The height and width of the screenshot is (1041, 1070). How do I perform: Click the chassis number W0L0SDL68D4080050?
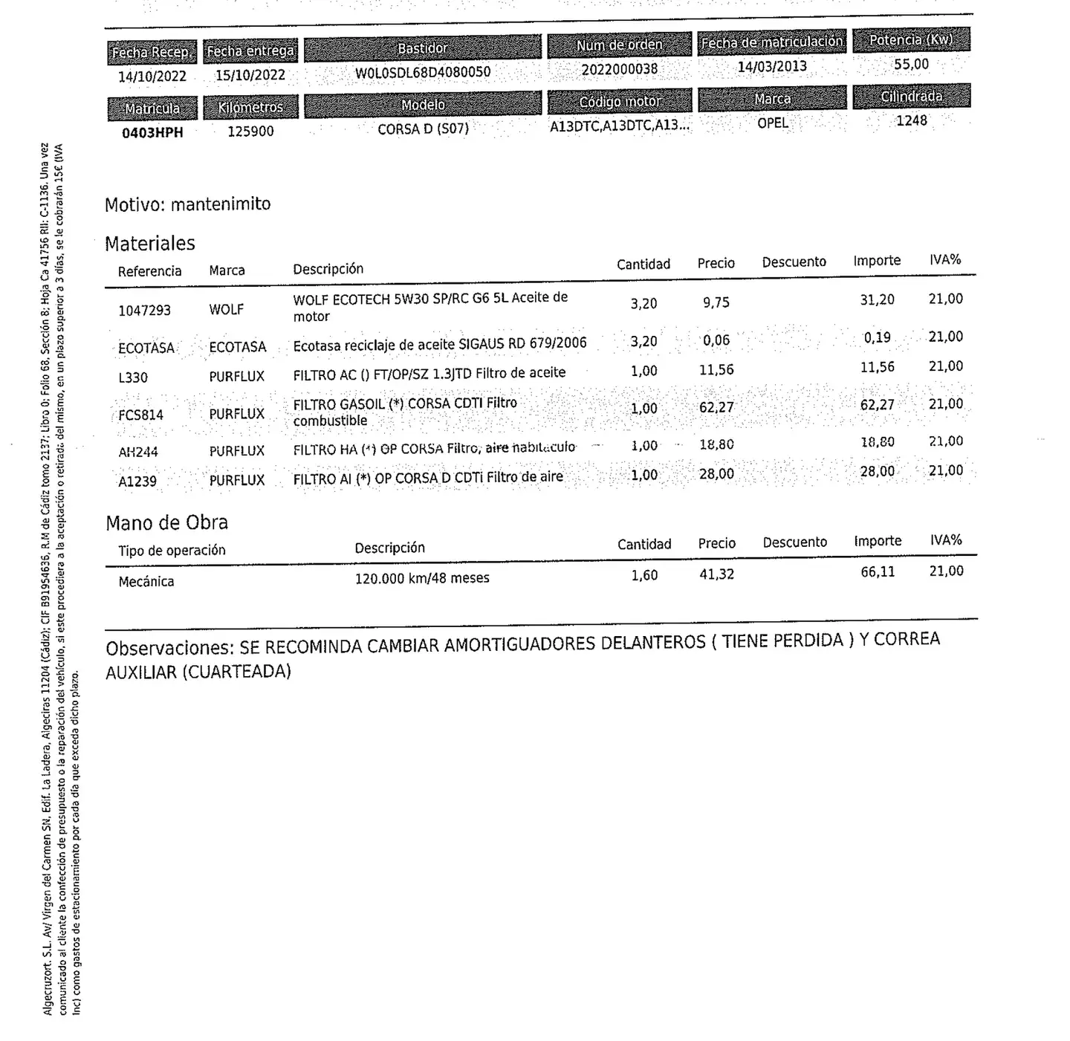pos(422,72)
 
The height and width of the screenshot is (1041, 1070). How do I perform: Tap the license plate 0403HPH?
pos(152,132)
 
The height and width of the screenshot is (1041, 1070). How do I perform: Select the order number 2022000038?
pos(619,69)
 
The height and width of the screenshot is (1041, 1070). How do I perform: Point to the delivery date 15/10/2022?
pos(250,75)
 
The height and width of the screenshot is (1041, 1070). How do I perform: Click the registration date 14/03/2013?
pos(772,66)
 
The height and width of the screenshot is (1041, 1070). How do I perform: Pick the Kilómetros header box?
pos(250,107)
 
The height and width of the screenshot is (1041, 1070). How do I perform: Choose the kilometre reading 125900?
pos(250,131)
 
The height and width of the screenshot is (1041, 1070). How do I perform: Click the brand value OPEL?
pos(772,123)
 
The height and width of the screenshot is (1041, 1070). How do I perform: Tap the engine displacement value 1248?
pos(911,120)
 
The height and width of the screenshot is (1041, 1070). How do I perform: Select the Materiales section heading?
pos(150,243)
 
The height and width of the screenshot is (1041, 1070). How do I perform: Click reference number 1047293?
pos(144,310)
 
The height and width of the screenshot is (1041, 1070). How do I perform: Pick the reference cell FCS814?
pos(140,415)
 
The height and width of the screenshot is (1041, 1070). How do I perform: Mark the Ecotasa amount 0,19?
pos(877,337)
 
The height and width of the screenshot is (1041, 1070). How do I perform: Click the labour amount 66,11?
pos(878,571)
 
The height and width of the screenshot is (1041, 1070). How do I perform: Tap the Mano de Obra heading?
pos(166,522)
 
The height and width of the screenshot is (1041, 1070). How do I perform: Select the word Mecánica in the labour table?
pos(146,581)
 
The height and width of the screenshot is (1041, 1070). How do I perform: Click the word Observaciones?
pos(169,648)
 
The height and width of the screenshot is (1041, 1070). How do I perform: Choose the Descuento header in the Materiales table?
pos(794,262)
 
